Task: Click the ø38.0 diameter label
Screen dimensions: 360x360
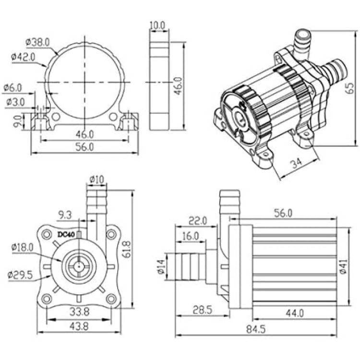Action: (x=37, y=42)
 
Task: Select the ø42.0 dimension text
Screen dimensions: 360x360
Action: (x=23, y=57)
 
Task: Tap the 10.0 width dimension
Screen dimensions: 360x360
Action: (x=157, y=25)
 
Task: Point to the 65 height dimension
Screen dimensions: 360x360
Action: (x=350, y=88)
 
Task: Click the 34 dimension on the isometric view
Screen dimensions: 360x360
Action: (x=297, y=163)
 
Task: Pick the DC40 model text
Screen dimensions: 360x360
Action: (x=66, y=235)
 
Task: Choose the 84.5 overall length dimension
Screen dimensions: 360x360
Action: (x=256, y=329)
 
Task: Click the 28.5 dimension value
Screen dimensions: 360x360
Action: (x=202, y=310)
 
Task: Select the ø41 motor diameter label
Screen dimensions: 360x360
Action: (x=343, y=266)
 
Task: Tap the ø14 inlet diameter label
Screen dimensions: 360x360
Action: (x=161, y=266)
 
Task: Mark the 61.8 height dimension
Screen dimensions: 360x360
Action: (x=126, y=249)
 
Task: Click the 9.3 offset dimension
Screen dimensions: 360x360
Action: (x=65, y=215)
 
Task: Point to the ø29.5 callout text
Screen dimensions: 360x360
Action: (x=20, y=275)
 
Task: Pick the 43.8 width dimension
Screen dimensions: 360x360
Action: (x=79, y=326)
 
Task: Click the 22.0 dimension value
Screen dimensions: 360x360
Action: (x=198, y=221)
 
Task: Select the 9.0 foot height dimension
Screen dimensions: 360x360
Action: (x=18, y=121)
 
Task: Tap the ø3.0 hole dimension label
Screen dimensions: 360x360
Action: (x=15, y=102)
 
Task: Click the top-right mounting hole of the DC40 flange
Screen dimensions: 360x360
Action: (x=111, y=234)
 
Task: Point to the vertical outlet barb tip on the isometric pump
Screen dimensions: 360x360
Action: (x=303, y=34)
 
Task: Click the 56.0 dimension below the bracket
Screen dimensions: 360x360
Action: (x=84, y=147)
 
